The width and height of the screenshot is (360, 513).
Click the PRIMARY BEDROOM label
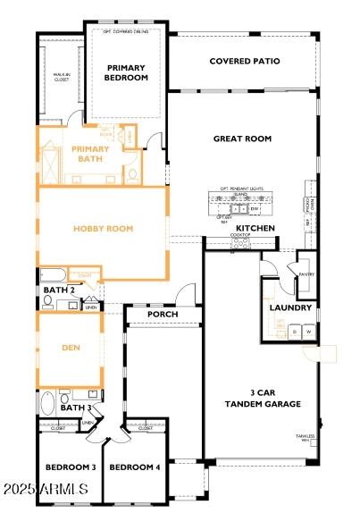coord(126,72)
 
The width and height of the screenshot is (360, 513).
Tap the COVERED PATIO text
coord(244,62)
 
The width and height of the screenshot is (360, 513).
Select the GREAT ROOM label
coord(241,139)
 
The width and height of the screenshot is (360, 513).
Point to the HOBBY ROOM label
coord(104,229)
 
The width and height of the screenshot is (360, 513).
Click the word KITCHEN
coord(255,229)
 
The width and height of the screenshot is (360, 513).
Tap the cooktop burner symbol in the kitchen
coord(241,240)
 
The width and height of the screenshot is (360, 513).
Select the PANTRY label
coord(306,274)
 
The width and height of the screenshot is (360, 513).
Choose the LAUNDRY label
coord(290,308)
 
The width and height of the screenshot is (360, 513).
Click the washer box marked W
coord(308,332)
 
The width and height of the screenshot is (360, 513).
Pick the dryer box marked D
coord(294,332)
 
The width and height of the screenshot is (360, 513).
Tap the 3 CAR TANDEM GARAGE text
coord(262,398)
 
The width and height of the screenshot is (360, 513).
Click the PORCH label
coord(163,315)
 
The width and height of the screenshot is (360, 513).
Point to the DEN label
coord(71,349)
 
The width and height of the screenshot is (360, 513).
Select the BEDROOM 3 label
coord(71,467)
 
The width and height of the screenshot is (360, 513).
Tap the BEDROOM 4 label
coord(135,467)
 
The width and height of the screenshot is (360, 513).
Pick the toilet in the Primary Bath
coord(132,173)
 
